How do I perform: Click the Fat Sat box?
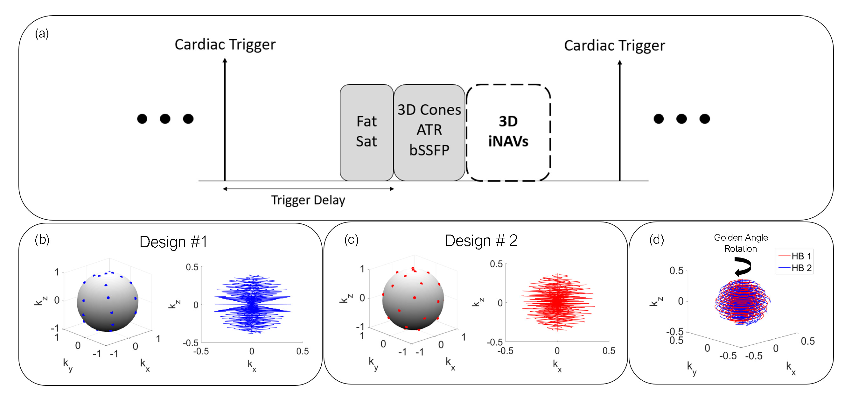367,132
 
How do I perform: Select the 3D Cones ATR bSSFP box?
429,132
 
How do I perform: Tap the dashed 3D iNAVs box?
508,132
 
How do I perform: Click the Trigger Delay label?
308,201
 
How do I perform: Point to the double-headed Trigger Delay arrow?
308,189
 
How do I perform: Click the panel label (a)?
42,33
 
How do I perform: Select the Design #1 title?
173,242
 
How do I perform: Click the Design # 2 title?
481,241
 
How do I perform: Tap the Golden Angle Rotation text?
741,243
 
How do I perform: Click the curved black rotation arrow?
743,267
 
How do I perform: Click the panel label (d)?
657,240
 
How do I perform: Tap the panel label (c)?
351,240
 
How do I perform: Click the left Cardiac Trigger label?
225,45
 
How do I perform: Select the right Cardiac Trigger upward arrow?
619,119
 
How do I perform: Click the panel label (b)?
42,240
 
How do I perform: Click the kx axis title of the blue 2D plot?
252,365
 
